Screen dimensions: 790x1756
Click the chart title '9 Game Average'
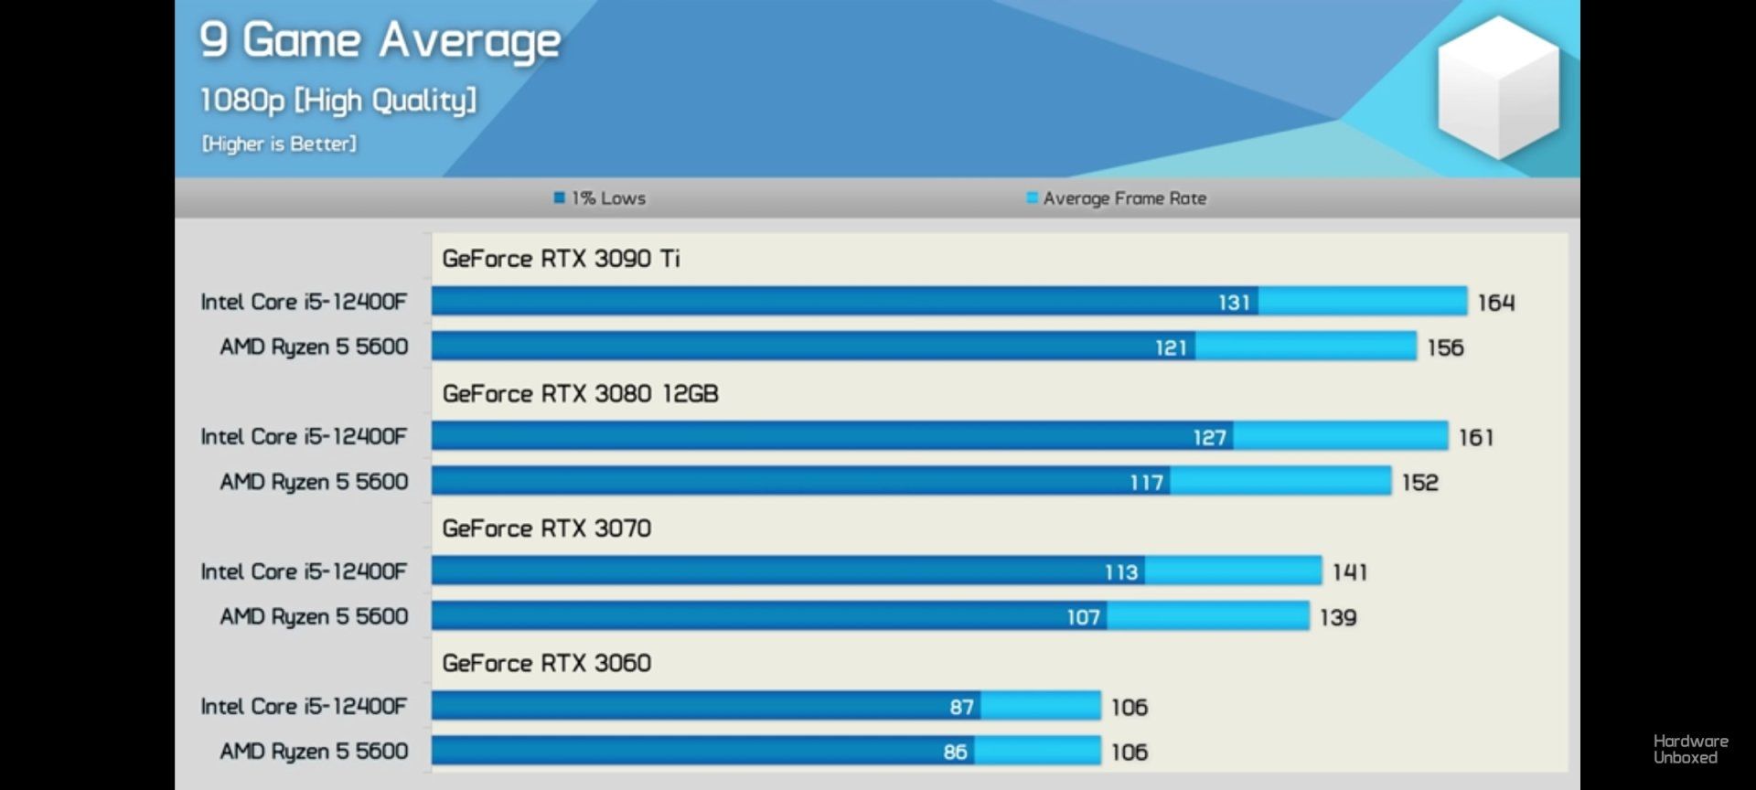pos(380,41)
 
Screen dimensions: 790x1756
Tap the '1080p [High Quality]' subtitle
pos(337,100)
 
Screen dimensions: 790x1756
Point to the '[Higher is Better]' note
pos(279,144)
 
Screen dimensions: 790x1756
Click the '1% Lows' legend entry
pos(600,198)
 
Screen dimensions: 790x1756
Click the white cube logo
pos(1497,87)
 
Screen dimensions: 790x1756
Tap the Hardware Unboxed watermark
pos(1690,749)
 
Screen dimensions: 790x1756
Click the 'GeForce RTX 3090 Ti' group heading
pos(561,259)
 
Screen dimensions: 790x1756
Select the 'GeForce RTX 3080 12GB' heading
pos(580,394)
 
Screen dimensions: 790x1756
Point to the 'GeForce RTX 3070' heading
pos(546,528)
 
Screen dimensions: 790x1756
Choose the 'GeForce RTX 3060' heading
pos(546,663)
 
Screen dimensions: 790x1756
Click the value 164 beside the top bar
pos(1496,303)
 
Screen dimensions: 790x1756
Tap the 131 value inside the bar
pos(1234,303)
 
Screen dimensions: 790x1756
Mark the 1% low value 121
pos(1171,347)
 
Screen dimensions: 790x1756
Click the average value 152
pos(1420,483)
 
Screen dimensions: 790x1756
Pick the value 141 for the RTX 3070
pos(1350,572)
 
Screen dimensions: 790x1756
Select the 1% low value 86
pos(955,752)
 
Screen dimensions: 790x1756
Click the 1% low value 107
pos(1083,617)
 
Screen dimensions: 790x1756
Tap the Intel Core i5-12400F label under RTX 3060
pos(304,706)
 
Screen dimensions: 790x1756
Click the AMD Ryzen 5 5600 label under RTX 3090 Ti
pos(314,347)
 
